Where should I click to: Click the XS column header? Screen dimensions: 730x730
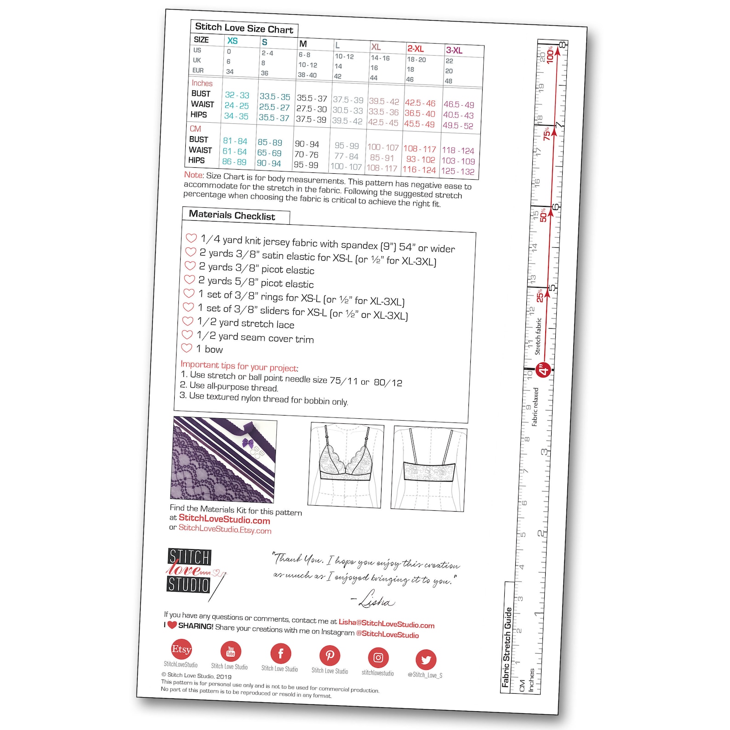232,40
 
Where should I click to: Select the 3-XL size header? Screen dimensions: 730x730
454,50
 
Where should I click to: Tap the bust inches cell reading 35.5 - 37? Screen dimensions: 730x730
312,98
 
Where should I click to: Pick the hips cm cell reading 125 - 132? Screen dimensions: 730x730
458,171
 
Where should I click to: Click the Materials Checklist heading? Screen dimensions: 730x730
232,215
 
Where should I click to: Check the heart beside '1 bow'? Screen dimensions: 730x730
187,348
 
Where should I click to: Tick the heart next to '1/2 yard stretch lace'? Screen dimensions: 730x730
188,321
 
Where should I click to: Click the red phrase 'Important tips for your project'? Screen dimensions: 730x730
239,366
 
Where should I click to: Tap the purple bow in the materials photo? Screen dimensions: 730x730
248,444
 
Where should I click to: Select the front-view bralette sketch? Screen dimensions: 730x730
346,464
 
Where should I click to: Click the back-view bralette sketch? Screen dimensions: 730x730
429,468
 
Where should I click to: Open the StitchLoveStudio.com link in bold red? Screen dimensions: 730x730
224,520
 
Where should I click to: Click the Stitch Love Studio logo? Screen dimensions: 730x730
189,570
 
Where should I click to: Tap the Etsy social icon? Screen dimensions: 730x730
182,649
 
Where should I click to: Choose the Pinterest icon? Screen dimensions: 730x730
330,656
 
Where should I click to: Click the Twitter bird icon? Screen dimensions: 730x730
426,660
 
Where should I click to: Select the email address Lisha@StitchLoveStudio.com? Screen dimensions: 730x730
387,623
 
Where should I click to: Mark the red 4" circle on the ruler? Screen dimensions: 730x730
544,370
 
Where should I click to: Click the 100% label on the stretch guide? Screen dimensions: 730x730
550,55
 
